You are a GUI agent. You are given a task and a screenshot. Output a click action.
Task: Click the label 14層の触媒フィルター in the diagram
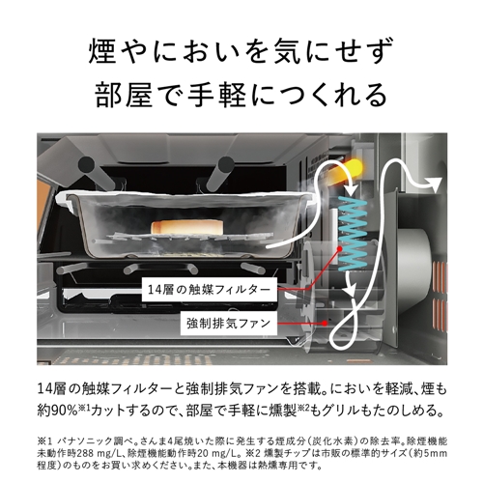209,290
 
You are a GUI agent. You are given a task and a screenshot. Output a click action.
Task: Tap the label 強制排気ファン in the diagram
229,323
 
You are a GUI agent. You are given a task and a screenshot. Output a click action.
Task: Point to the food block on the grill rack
187,227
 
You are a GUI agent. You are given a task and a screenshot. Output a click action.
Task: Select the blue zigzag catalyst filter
353,234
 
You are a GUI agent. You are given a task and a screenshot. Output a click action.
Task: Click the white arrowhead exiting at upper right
435,185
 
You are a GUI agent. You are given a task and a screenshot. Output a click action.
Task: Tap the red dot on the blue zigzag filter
339,248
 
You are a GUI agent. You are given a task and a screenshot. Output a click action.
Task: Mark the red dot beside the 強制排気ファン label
325,323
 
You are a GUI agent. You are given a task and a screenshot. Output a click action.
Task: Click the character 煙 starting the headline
101,51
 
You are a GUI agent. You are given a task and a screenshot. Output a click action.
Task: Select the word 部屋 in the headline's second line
124,95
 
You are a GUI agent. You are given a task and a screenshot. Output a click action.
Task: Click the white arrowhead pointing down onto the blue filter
352,189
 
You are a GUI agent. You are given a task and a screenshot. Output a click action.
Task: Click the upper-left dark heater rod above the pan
94,171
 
